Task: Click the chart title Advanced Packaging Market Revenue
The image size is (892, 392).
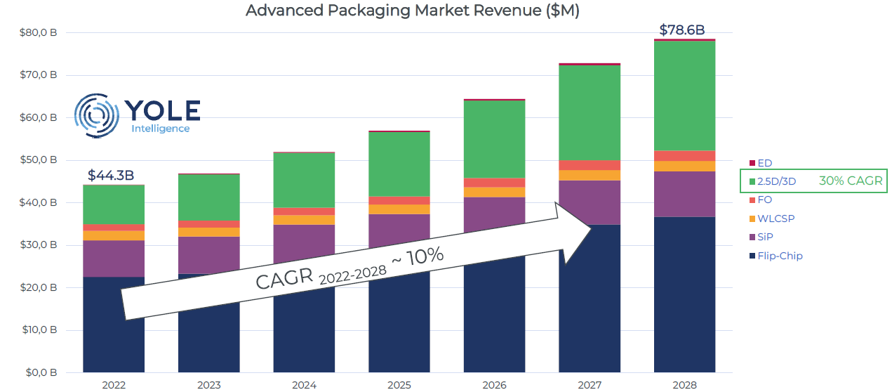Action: pyautogui.click(x=413, y=11)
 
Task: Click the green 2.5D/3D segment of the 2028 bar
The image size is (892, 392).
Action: pyautogui.click(x=684, y=96)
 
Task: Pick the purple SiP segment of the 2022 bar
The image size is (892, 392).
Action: pyautogui.click(x=113, y=259)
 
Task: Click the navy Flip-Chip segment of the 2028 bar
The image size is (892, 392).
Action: pyautogui.click(x=684, y=294)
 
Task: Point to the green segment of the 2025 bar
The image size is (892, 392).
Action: pyautogui.click(x=399, y=164)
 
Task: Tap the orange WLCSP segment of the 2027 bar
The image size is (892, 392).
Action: pyautogui.click(x=590, y=176)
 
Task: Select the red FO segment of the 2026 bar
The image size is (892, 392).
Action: pyautogui.click(x=494, y=183)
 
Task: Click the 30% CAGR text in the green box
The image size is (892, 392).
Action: pyautogui.click(x=850, y=181)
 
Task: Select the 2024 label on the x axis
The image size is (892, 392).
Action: pyautogui.click(x=303, y=385)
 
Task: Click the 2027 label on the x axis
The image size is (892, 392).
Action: pyautogui.click(x=590, y=385)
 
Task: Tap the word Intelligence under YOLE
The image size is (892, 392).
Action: pyautogui.click(x=160, y=129)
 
